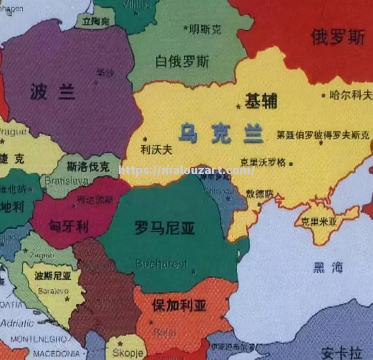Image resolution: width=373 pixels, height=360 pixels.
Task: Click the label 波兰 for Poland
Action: click(52, 91)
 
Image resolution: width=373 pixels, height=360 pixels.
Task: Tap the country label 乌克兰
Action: click(221, 133)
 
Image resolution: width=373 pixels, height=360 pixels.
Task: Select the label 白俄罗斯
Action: click(182, 61)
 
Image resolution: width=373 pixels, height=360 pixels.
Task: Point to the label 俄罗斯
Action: click(338, 37)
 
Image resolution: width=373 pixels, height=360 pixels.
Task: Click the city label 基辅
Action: click(261, 101)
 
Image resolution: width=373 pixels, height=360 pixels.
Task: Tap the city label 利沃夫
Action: click(157, 149)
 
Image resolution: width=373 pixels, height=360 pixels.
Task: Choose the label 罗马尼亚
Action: click(165, 228)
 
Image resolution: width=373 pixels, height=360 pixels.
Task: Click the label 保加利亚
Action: click(179, 305)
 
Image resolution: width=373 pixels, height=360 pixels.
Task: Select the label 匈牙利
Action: click(69, 225)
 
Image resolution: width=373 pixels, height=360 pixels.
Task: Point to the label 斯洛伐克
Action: click(88, 167)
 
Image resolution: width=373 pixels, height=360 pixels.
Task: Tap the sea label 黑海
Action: click(328, 267)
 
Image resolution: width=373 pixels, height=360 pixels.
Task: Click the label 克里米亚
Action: click(319, 221)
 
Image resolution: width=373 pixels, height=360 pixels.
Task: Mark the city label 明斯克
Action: click(204, 28)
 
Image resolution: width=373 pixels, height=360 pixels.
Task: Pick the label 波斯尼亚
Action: click(53, 276)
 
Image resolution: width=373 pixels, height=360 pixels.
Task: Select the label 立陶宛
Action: click(96, 21)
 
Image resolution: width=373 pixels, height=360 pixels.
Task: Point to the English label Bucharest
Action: click(162, 264)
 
